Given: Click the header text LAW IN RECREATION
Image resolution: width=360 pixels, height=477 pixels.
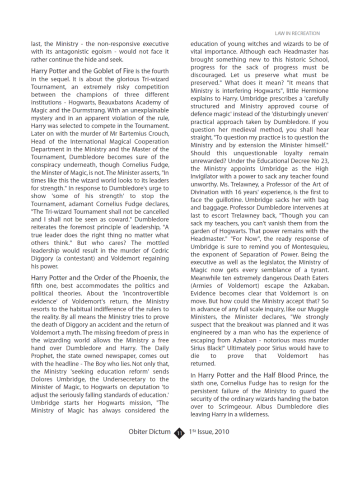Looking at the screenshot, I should click(x=297, y=33).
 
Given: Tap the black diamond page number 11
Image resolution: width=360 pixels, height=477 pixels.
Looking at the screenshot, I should click(x=180, y=432).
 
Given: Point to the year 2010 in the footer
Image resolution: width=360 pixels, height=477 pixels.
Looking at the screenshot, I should click(x=220, y=432).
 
